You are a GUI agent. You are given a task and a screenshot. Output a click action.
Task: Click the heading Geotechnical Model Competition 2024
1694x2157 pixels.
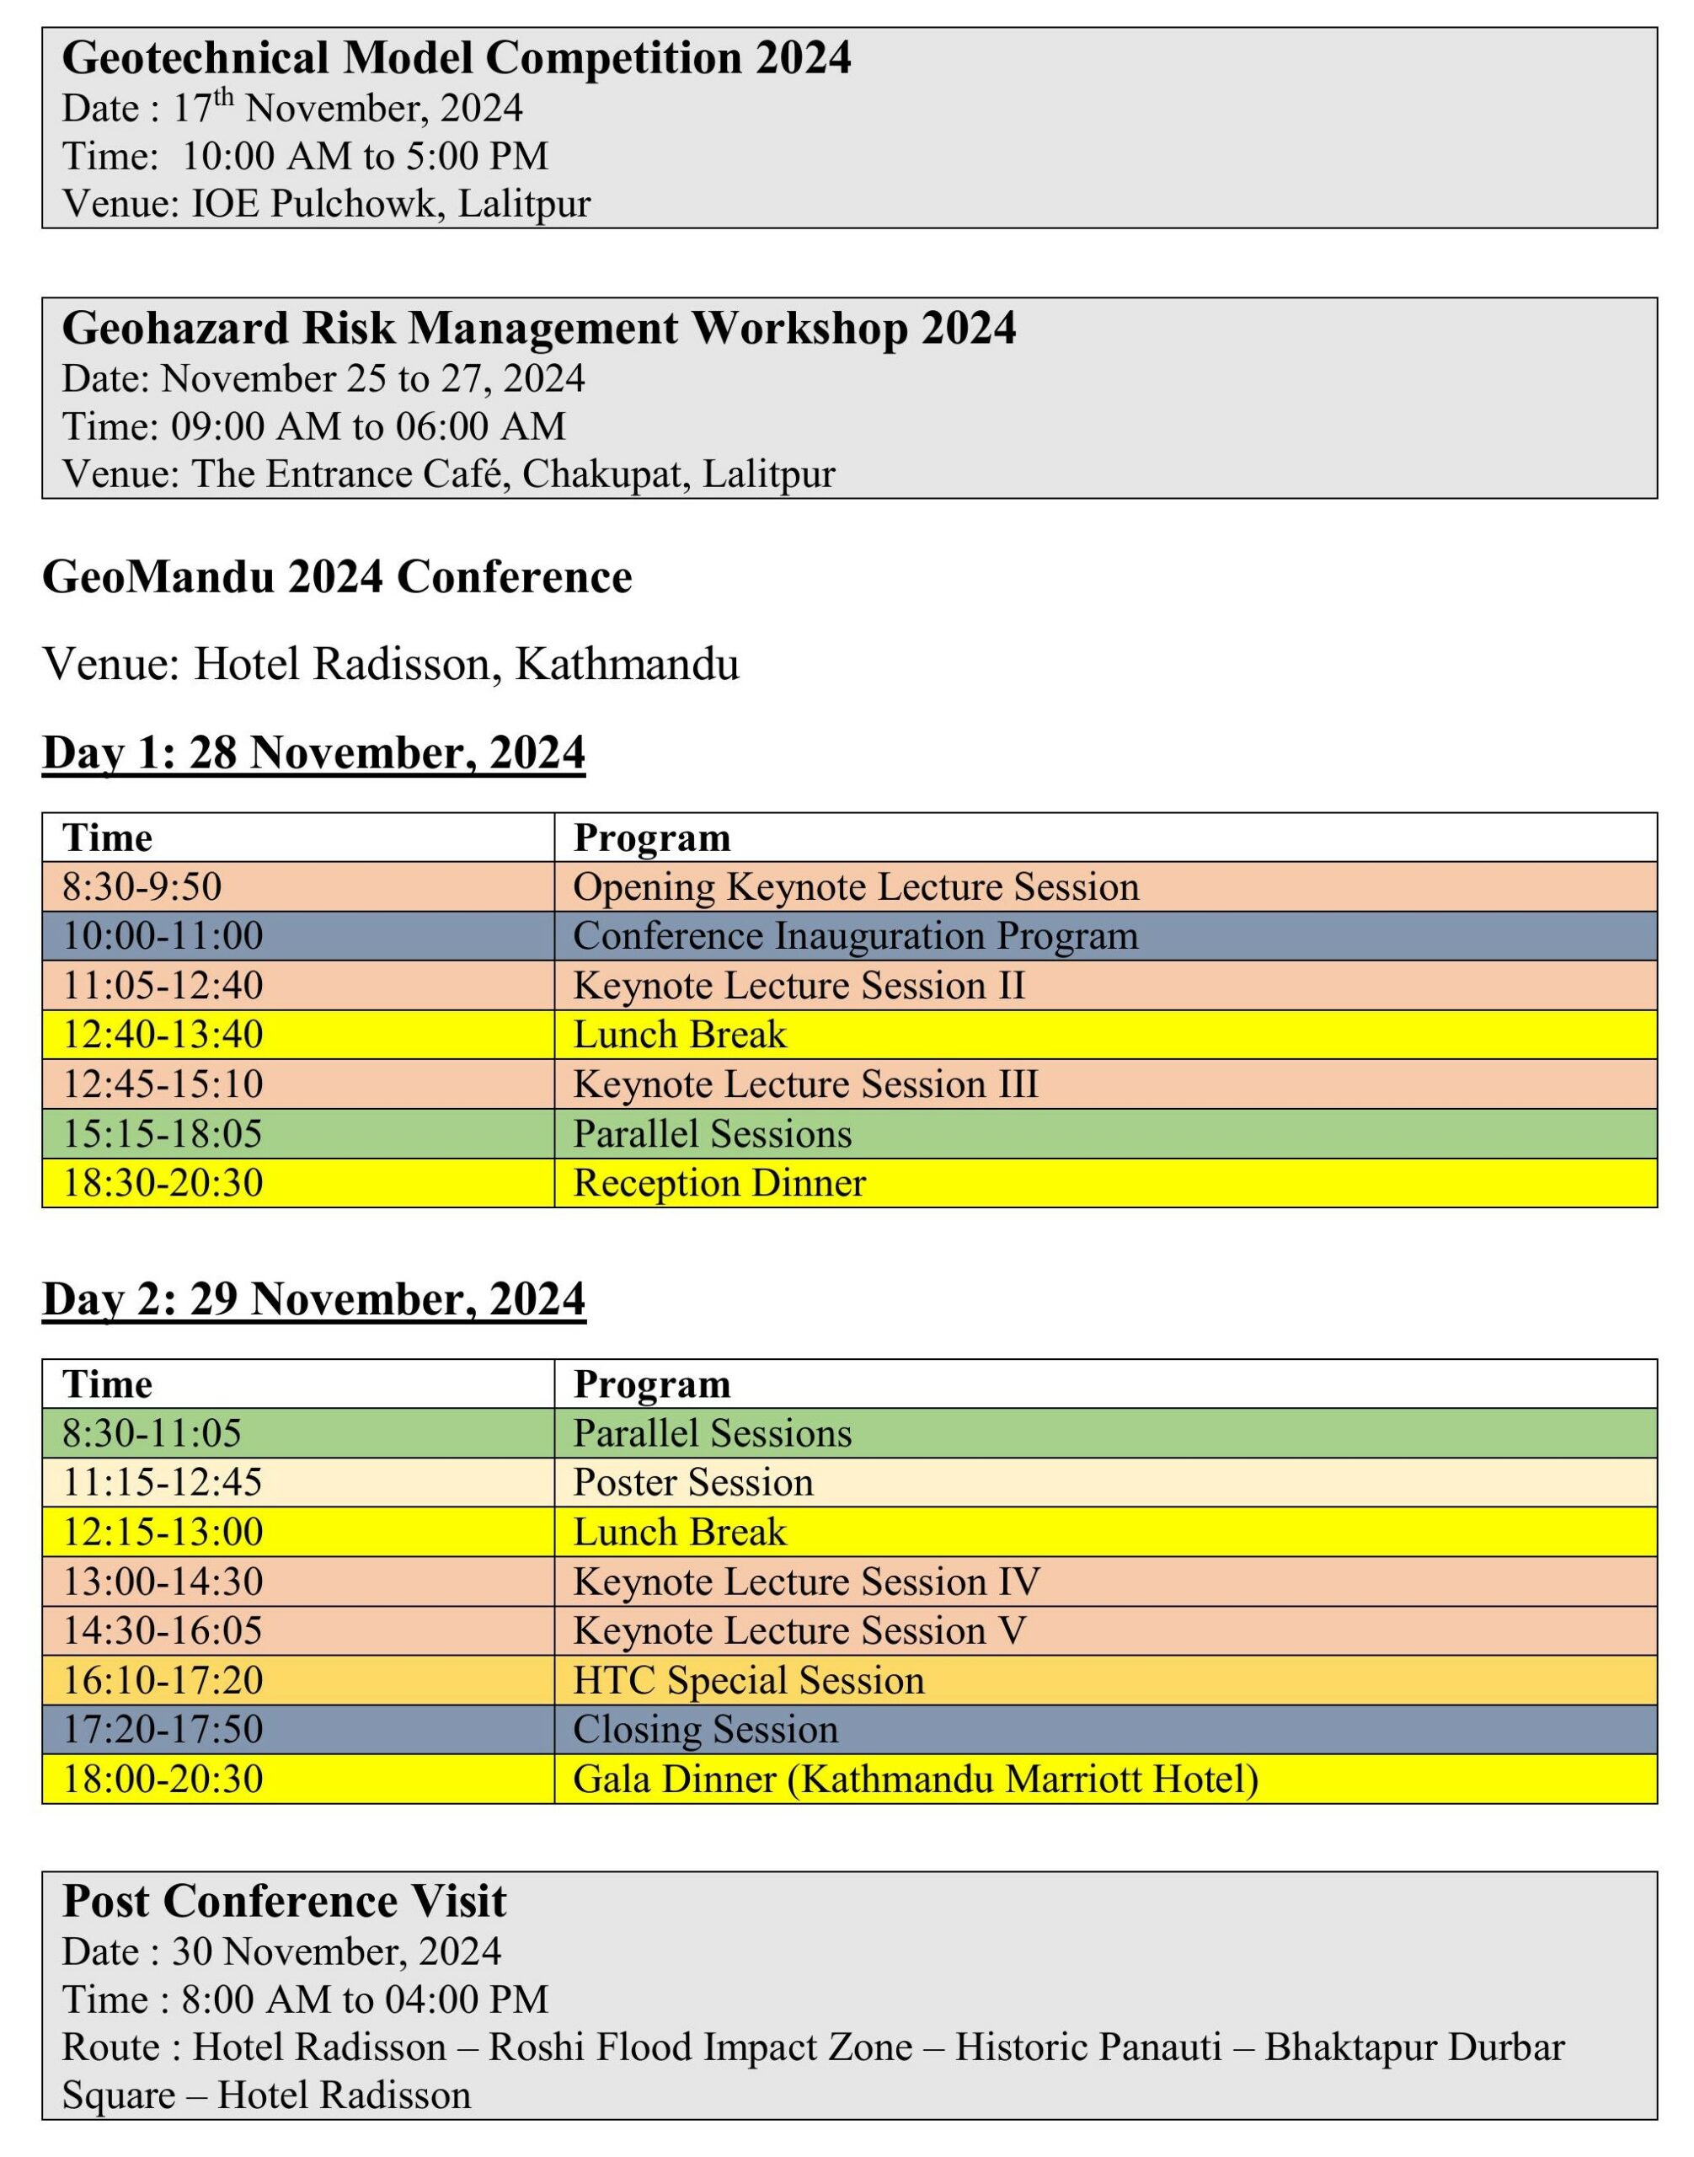pyautogui.click(x=457, y=57)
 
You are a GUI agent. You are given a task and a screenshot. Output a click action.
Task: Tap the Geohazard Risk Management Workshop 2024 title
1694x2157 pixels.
pyautogui.click(x=538, y=328)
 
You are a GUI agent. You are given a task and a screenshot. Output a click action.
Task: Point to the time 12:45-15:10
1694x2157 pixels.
pyautogui.click(x=163, y=1084)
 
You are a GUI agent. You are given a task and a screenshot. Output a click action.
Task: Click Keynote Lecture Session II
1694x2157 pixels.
pyautogui.click(x=799, y=985)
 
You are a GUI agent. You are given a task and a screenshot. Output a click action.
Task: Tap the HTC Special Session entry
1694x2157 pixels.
pyautogui.click(x=748, y=1680)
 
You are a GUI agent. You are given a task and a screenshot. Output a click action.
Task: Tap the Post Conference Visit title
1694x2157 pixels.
pyautogui.click(x=284, y=1900)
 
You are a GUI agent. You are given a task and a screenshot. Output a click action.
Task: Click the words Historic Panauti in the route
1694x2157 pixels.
pyautogui.click(x=1088, y=2047)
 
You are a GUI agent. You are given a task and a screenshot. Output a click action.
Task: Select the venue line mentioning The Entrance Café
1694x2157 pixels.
pyautogui.click(x=448, y=474)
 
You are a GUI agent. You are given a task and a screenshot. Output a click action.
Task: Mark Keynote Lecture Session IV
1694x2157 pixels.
pyautogui.click(x=805, y=1581)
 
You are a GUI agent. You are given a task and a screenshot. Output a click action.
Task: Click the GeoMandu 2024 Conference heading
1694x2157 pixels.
pyautogui.click(x=336, y=576)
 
